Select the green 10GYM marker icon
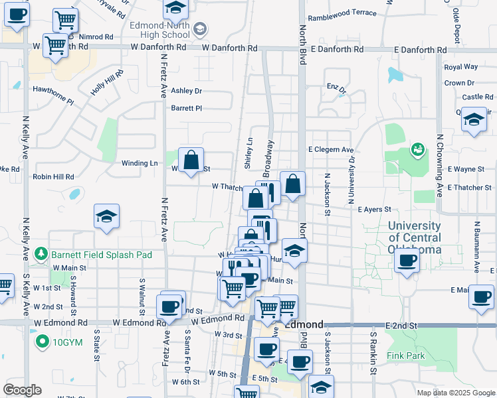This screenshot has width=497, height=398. point(43,342)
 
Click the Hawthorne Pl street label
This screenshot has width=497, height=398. point(52,94)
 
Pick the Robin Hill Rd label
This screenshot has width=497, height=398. point(53,177)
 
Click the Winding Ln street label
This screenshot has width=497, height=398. point(140,163)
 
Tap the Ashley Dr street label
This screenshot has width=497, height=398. point(186,91)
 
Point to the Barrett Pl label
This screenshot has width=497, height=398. point(186,108)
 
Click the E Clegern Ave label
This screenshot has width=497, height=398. point(330,150)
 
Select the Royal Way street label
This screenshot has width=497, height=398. point(461,67)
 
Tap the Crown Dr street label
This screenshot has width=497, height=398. point(459,83)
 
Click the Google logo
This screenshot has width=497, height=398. point(22,390)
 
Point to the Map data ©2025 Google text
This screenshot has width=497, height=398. point(455,393)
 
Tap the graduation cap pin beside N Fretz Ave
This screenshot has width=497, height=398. point(106,217)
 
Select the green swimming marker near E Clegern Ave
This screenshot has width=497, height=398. point(418,148)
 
